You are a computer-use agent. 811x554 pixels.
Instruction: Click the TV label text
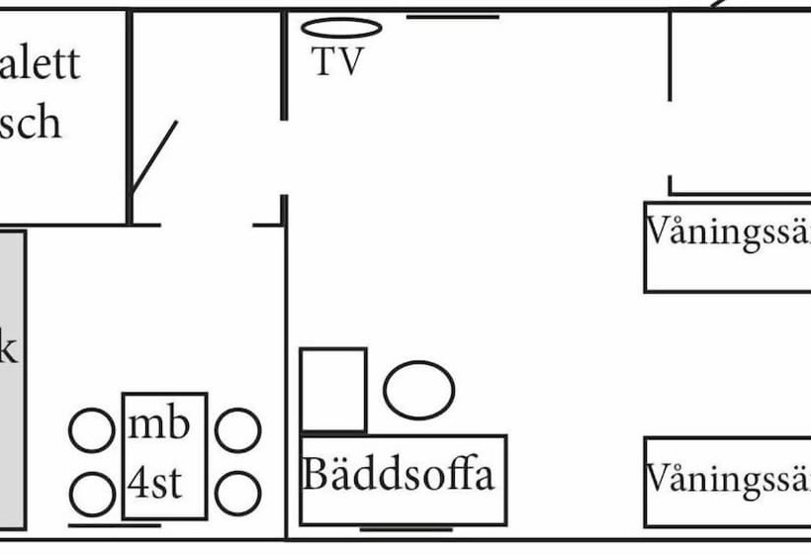point(338,62)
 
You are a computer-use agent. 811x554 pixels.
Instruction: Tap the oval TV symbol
point(341,28)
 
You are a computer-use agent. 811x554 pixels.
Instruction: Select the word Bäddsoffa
point(398,475)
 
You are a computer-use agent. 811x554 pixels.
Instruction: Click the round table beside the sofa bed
point(418,390)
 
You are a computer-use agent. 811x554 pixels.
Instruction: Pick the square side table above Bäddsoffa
point(333,390)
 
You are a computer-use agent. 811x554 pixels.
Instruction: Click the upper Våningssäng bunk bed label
point(728,233)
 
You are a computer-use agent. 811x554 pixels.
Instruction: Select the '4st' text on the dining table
point(155,486)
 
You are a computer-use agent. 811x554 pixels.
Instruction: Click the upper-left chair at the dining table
point(92,430)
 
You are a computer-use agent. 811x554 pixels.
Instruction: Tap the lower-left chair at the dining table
point(92,492)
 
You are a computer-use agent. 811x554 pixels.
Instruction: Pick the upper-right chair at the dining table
point(237,430)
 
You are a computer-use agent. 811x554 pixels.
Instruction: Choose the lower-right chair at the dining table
point(237,492)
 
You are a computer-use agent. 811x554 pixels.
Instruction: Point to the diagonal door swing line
point(154,156)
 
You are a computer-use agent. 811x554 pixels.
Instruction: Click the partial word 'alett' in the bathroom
point(40,65)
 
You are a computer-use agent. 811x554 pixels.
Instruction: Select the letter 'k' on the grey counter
point(8,350)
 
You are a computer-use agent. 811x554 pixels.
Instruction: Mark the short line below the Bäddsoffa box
point(406,529)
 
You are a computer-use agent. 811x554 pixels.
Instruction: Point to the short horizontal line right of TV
point(452,17)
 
